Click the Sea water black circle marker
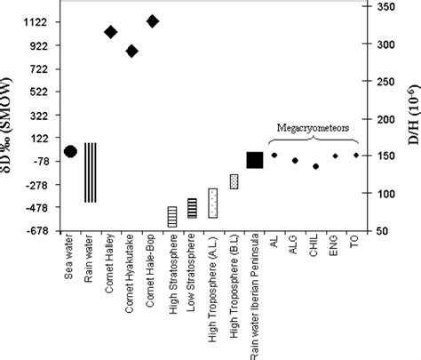pos(70,151)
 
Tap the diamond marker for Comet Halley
pos(111,32)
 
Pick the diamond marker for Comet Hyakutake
pos(131,51)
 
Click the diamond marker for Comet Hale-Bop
pos(152,20)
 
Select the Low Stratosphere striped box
pos(192,208)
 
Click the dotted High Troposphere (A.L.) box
pos(213,204)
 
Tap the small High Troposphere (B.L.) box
pos(234,181)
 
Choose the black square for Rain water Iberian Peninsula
pos(254,160)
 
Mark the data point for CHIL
pos(315,166)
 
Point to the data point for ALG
pos(295,160)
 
